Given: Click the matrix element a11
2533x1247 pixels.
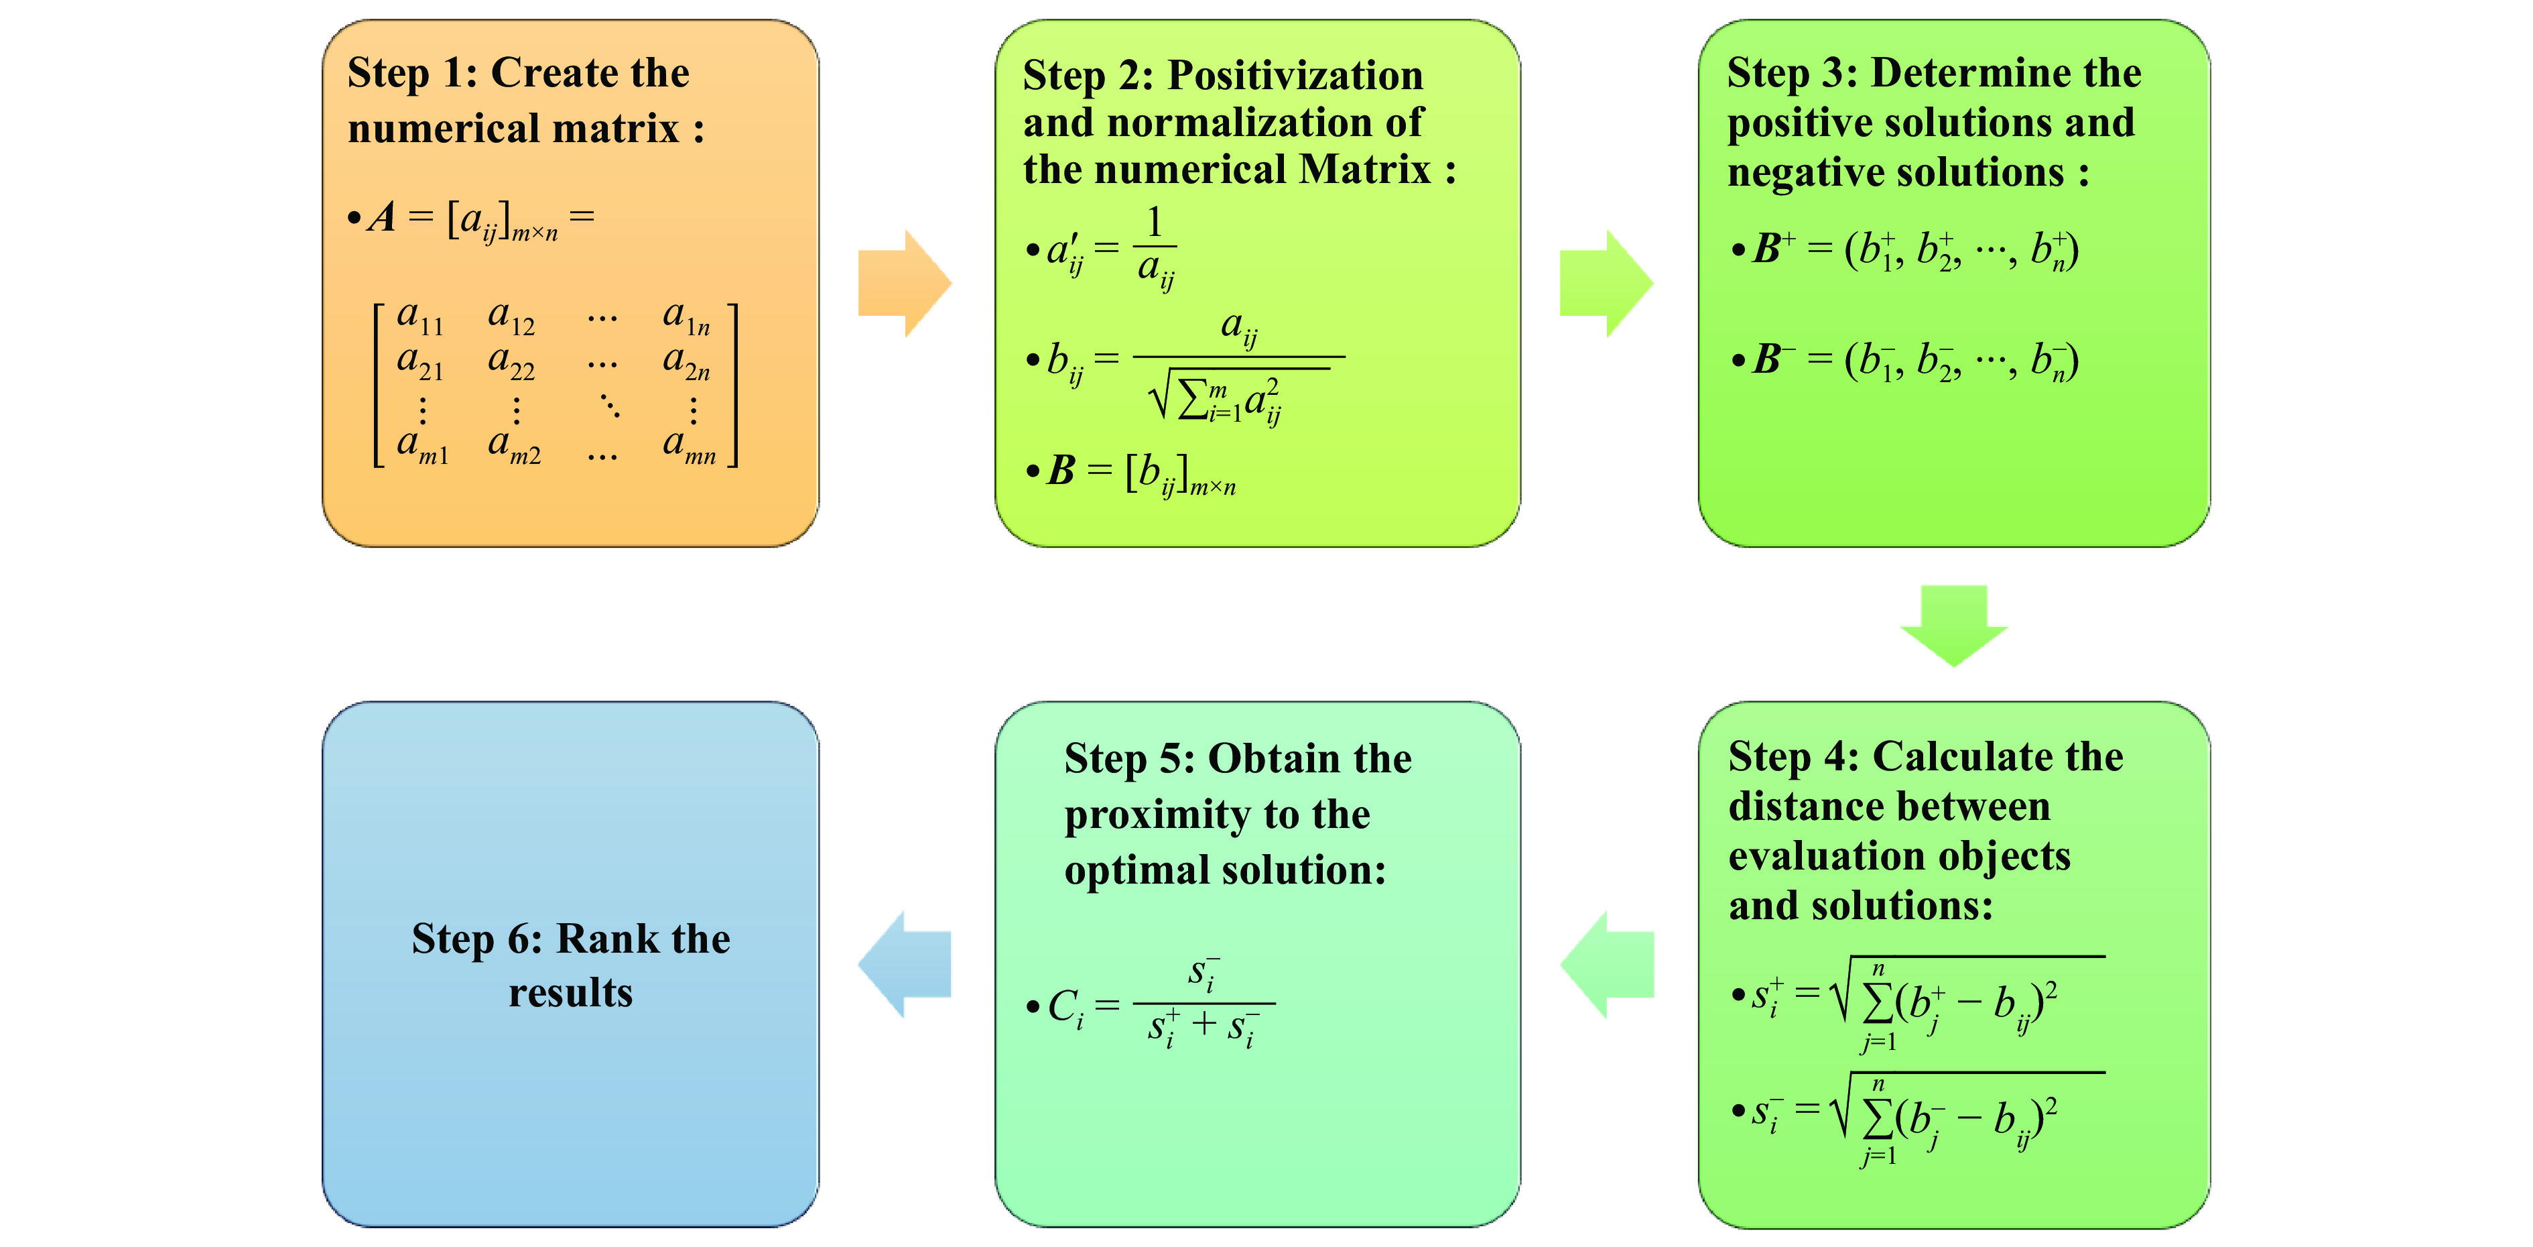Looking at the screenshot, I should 420,316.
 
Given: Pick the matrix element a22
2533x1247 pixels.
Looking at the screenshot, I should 511,362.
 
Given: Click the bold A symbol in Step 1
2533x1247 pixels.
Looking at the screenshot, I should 383,217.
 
